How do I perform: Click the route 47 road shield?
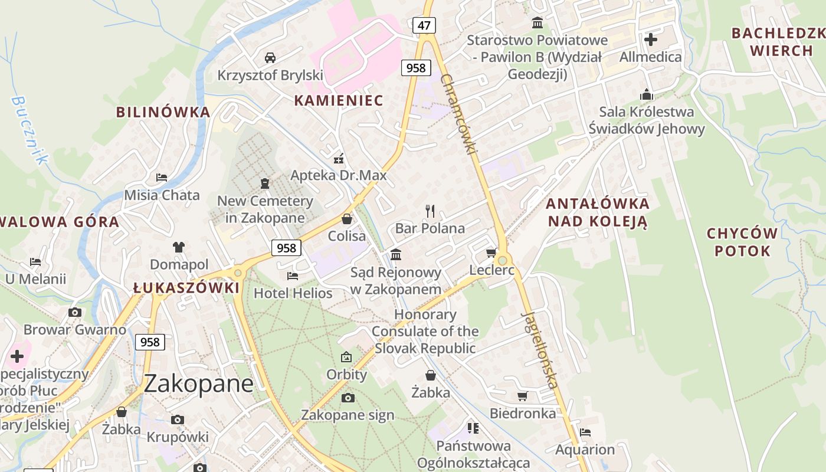pyautogui.click(x=424, y=25)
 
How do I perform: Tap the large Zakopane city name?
pyautogui.click(x=199, y=383)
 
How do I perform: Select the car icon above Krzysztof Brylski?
pyautogui.click(x=270, y=58)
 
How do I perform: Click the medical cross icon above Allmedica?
pyautogui.click(x=651, y=40)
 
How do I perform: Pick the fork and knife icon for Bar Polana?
pyautogui.click(x=430, y=211)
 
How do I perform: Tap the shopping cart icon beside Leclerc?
pyautogui.click(x=491, y=253)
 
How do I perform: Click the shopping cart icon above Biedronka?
pyautogui.click(x=522, y=396)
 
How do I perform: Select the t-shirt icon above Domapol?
pyautogui.click(x=179, y=247)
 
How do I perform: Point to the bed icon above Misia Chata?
pyautogui.click(x=162, y=177)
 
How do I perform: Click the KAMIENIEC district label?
pyautogui.click(x=339, y=100)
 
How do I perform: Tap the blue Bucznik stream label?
pyautogui.click(x=29, y=129)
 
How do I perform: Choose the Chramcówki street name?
pyautogui.click(x=458, y=115)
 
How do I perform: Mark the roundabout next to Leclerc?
pyautogui.click(x=503, y=260)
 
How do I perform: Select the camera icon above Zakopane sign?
pyautogui.click(x=348, y=398)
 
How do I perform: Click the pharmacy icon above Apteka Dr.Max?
pyautogui.click(x=339, y=158)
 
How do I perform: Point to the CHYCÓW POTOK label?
pyautogui.click(x=742, y=242)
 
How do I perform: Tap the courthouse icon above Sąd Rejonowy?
pyautogui.click(x=396, y=254)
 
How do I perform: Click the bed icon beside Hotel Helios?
pyautogui.click(x=292, y=276)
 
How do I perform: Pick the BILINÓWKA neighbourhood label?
pyautogui.click(x=163, y=112)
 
